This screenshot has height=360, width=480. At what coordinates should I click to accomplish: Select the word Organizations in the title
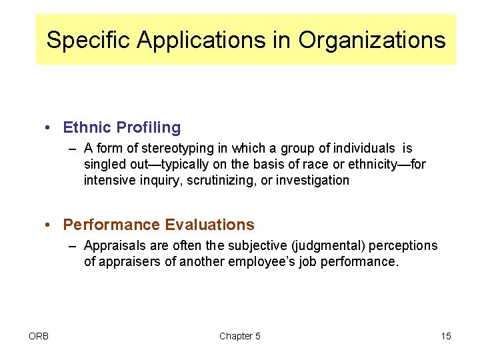pos(372,40)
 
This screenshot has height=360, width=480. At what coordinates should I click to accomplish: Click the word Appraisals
pos(113,245)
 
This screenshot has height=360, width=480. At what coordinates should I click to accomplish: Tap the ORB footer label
pos(39,336)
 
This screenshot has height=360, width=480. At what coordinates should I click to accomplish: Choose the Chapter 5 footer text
pos(240,336)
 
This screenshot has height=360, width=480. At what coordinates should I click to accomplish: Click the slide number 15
pos(446,336)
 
